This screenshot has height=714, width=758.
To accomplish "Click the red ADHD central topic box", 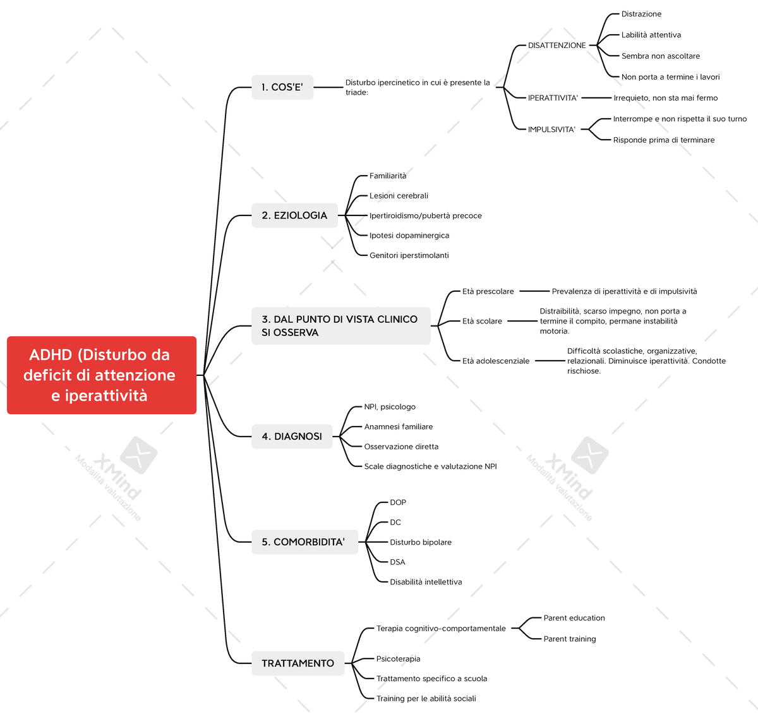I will point(101,375).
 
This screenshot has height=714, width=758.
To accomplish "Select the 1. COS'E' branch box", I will point(282,87).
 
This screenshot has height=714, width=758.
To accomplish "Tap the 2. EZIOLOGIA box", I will point(294,215).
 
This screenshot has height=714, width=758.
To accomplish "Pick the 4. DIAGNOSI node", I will point(292,437).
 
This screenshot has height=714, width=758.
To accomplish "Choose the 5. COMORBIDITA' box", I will point(304,542).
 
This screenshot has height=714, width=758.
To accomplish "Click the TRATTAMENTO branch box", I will point(298,663).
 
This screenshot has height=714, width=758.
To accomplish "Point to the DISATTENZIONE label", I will point(556,45).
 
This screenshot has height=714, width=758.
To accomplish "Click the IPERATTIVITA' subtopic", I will point(553,98).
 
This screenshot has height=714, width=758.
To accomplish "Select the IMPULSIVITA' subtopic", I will point(551,130).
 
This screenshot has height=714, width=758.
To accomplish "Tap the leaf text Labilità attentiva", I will point(651,35).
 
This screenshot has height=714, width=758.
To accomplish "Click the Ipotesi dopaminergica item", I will point(409,236).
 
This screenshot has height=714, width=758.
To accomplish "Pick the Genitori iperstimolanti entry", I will point(409,256).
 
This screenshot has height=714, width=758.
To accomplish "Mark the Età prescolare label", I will point(488,292).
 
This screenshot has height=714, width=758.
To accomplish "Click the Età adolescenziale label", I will point(495,361).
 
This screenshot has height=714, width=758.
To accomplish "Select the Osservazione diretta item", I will point(401,447).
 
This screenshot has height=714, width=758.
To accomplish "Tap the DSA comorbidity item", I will point(397,562).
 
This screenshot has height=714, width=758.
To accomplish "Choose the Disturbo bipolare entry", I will point(420,543).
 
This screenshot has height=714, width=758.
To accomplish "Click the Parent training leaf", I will point(569,639).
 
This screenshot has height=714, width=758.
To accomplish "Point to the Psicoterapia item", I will point(398,659).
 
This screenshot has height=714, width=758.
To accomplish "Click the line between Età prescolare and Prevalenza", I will point(534,291).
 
